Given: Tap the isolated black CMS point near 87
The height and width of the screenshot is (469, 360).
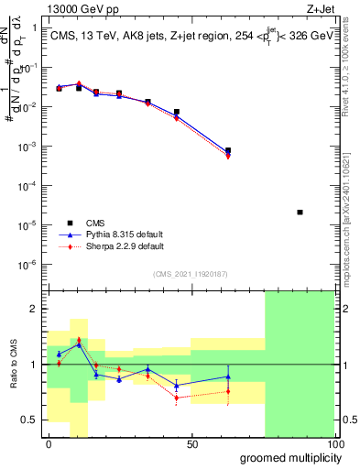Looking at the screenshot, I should (300, 212).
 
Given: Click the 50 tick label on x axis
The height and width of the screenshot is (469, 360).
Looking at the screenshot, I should (192, 444).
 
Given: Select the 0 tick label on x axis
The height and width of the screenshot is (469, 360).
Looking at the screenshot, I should (49, 444).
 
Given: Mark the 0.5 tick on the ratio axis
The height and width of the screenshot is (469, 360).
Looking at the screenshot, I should (32, 420).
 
